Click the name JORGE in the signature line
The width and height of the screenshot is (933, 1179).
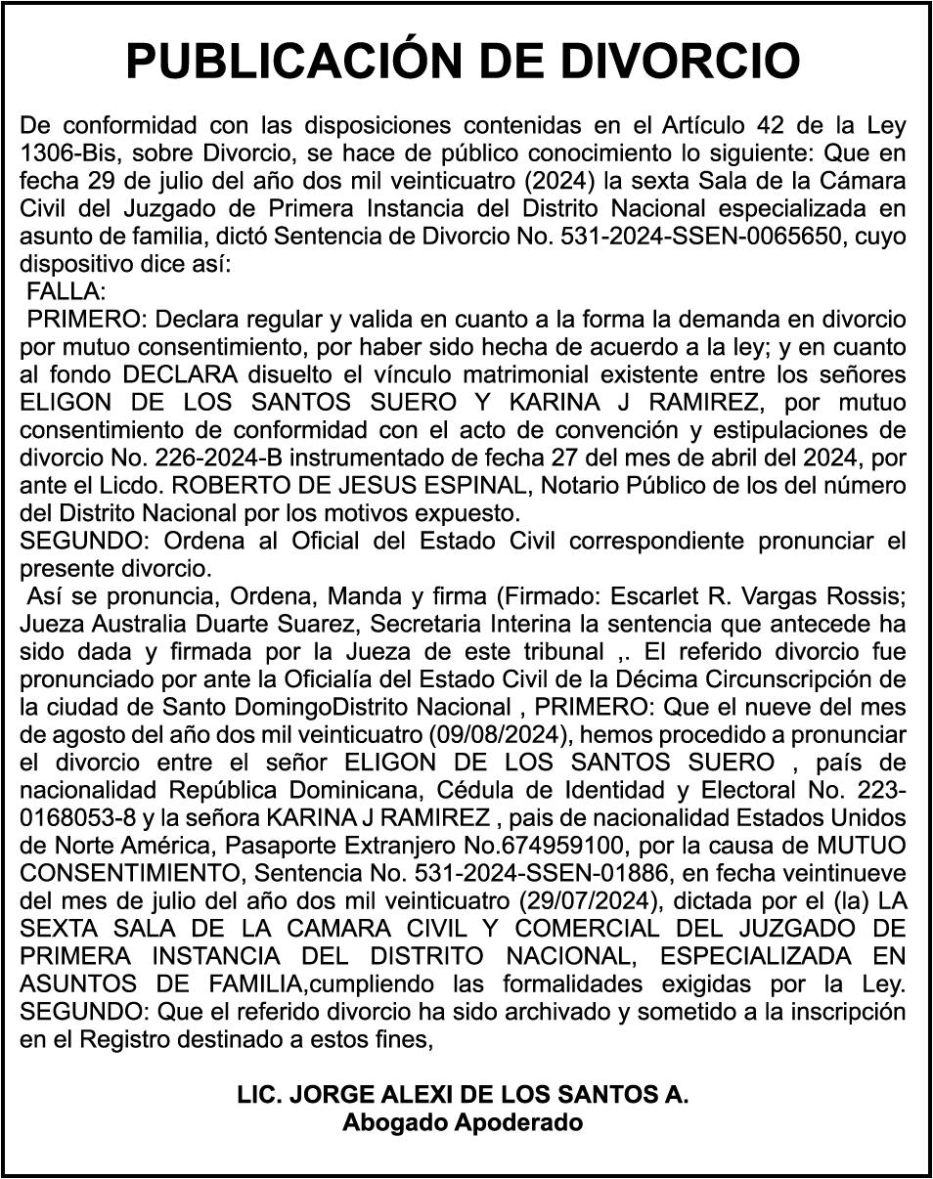click(x=322, y=1095)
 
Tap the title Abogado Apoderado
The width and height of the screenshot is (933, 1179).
click(x=463, y=1122)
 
